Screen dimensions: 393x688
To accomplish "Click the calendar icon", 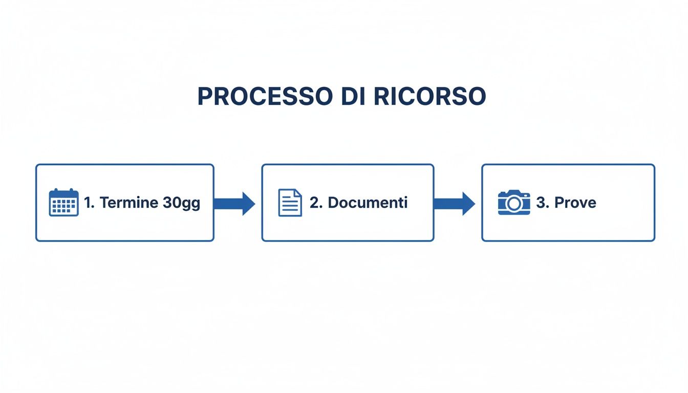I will [63, 203].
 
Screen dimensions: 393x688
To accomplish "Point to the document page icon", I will [290, 203].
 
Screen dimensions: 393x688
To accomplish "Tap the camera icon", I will [513, 203].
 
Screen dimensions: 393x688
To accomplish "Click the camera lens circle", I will [513, 204].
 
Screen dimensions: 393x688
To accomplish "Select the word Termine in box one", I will [129, 203].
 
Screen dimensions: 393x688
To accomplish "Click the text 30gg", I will [181, 203].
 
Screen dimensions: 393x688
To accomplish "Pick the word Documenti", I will [368, 203].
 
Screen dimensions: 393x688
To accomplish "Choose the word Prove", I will [575, 203].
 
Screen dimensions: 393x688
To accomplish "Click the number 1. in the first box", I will [90, 203].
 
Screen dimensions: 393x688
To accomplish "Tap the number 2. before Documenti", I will [316, 203].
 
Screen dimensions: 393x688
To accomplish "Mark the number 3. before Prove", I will [543, 203].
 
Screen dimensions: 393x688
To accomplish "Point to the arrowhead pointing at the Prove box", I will [468, 204].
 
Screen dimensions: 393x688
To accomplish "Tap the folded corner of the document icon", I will [298, 193].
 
